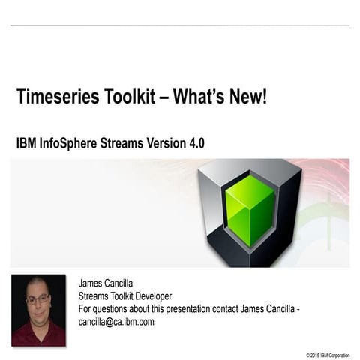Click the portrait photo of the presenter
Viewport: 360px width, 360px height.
[x=38, y=309]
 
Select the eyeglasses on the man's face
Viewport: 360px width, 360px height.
[x=37, y=298]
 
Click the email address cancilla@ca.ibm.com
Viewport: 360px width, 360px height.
[x=116, y=322]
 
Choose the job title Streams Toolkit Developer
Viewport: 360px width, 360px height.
[x=125, y=296]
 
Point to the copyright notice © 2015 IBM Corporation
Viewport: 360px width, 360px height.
[x=328, y=353]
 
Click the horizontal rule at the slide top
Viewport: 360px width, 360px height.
[x=180, y=26]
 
